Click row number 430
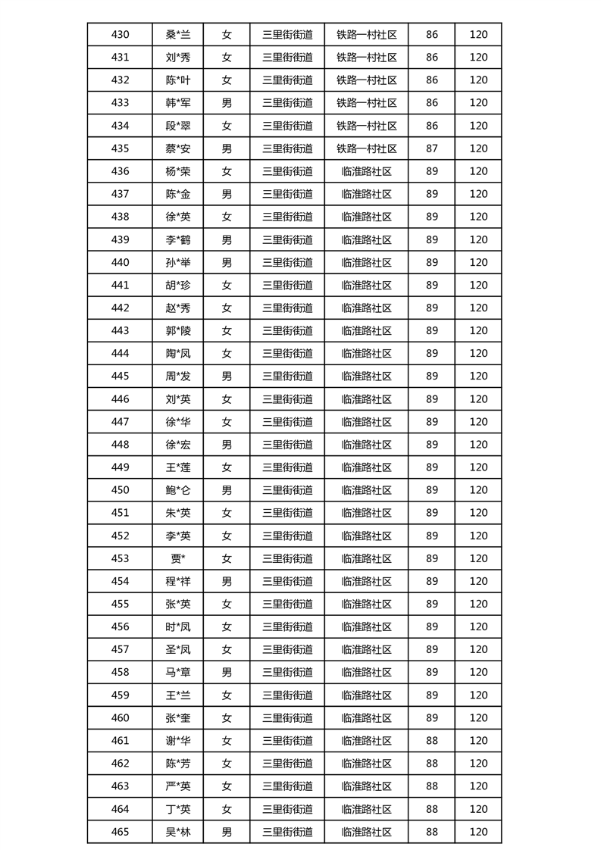click(120, 34)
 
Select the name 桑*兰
click(178, 34)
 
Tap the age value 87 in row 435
click(432, 148)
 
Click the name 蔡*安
click(178, 148)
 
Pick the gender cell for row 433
click(227, 103)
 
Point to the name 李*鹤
click(178, 239)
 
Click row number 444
click(120, 353)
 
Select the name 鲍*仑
click(178, 490)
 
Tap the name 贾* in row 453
click(178, 558)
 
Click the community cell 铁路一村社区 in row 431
click(367, 58)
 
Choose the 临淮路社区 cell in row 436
click(367, 171)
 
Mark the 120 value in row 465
click(478, 832)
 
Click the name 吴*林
click(178, 832)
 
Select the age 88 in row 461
click(432, 740)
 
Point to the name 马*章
click(178, 672)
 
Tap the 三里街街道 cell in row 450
click(287, 490)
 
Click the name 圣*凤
click(178, 649)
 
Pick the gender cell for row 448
click(227, 445)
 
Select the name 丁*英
click(178, 809)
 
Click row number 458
click(120, 672)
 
